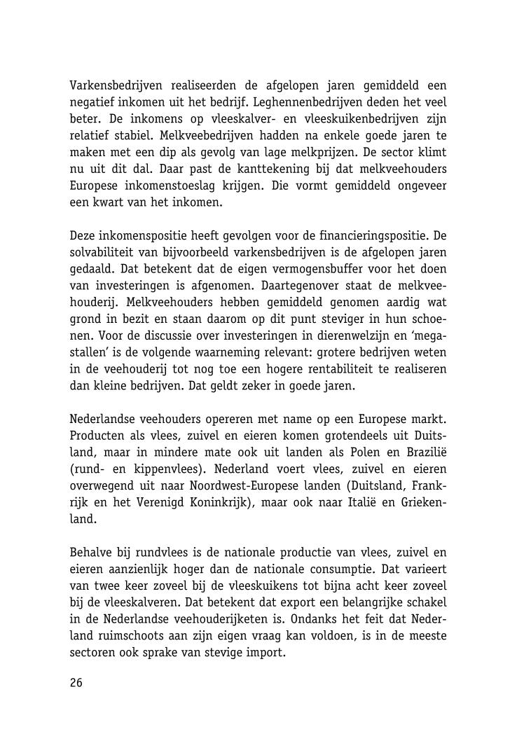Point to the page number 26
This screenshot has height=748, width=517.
click(76, 683)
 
